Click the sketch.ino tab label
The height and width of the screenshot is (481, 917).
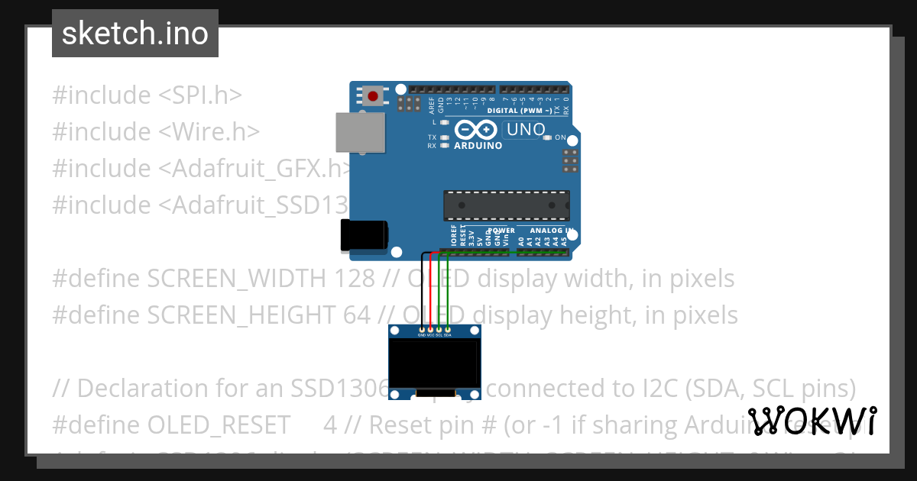[x=135, y=34]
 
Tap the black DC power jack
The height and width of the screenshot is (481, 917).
[x=361, y=235]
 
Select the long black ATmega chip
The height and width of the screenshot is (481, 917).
[x=506, y=205]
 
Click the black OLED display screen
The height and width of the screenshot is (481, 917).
[x=435, y=364]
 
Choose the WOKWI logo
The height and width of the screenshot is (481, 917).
[x=812, y=421]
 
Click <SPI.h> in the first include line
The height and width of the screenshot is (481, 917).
[x=200, y=95]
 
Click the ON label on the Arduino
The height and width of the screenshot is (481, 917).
[x=560, y=138]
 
